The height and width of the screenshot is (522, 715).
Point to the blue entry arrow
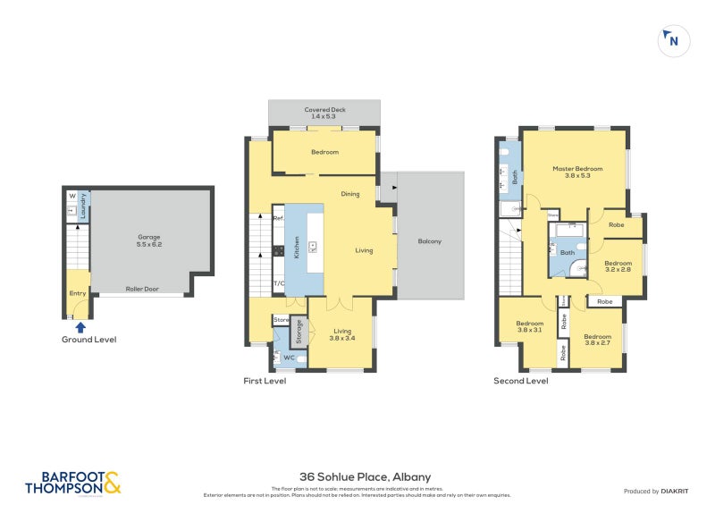81,327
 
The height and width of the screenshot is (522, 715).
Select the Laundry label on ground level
83,211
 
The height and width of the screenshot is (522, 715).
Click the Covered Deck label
324,113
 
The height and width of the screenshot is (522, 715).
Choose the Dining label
350,193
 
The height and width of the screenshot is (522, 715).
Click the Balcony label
430,241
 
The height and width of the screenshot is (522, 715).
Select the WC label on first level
289,358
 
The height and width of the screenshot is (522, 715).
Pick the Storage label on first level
299,334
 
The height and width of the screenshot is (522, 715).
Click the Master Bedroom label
576,172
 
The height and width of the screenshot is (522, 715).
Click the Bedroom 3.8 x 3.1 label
529,326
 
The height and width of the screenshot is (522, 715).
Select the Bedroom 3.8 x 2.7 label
597,340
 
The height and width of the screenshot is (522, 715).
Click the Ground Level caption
88,340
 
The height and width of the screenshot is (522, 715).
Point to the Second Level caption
521,381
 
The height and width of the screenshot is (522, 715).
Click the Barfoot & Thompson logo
72,484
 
